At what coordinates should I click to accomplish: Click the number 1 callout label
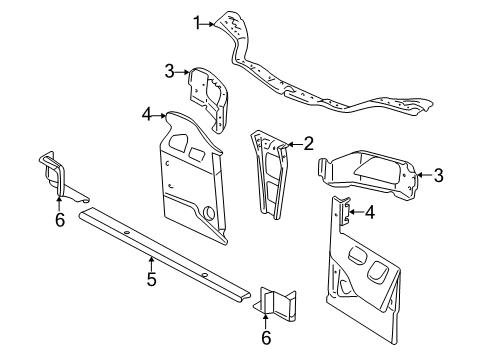pos(198,19)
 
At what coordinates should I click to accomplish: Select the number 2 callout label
pos(309,144)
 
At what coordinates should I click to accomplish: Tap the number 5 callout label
pos(151,281)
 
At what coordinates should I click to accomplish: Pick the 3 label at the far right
pos(439,176)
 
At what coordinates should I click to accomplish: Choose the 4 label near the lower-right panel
pos(369,211)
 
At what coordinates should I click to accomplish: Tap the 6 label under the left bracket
pos(59,219)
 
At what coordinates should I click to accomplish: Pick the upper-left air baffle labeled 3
pos(209,95)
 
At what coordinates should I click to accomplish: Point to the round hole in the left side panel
pos(208,213)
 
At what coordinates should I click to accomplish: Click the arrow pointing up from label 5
pos(151,262)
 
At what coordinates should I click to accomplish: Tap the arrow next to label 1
pos(210,19)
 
